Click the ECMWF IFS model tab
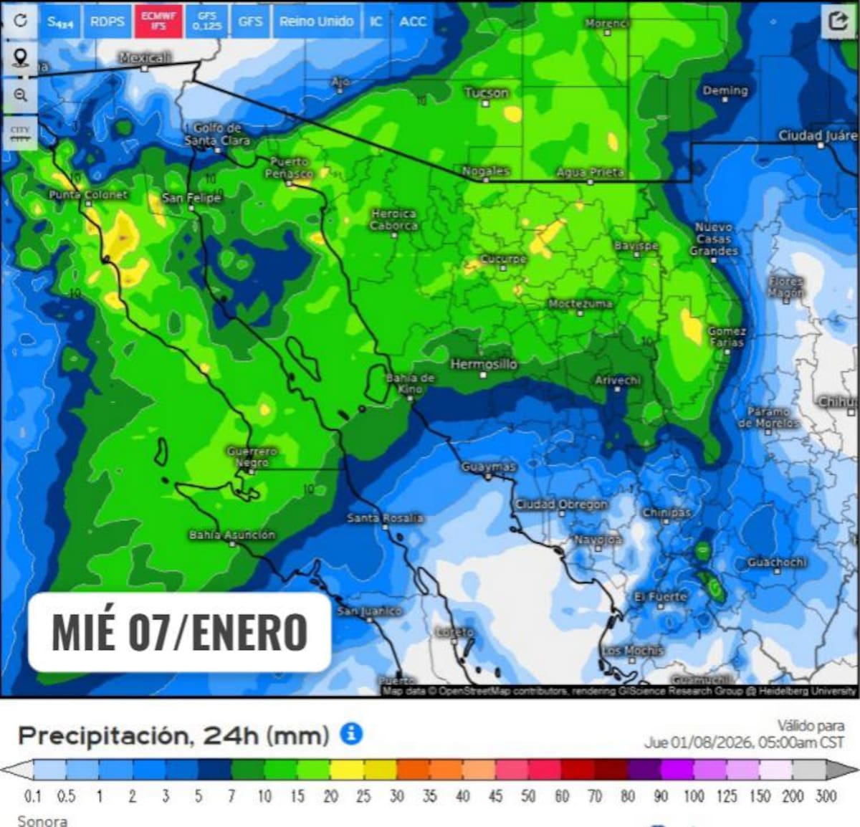(x=158, y=21)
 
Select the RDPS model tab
(x=107, y=21)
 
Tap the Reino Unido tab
(x=316, y=21)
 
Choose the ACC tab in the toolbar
(x=413, y=21)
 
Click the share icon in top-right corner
(x=838, y=21)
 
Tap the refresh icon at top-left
(x=20, y=21)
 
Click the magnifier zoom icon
(x=20, y=95)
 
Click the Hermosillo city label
(x=483, y=365)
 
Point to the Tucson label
(x=486, y=93)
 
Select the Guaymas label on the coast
(x=489, y=467)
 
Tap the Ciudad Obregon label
(x=561, y=505)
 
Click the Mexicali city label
(x=145, y=58)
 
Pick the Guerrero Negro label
(x=252, y=456)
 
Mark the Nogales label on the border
(x=486, y=171)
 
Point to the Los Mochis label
(x=632, y=651)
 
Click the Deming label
(x=725, y=91)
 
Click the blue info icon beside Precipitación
(x=351, y=734)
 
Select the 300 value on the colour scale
(x=826, y=796)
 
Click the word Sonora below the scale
(x=42, y=821)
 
